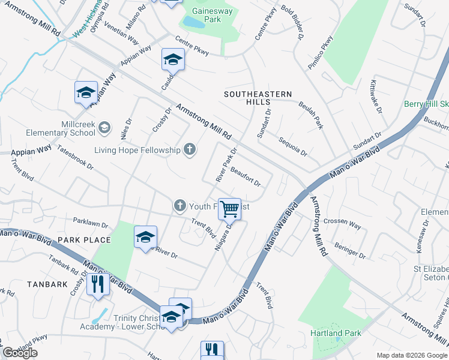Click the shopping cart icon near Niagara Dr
point(229,209)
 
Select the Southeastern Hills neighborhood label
point(258,98)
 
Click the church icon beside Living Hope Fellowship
point(190,149)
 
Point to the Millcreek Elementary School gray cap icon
point(104,127)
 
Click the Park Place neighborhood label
point(84,240)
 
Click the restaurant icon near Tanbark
point(97,284)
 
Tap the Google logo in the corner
point(20,353)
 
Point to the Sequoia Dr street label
point(293,146)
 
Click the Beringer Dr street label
point(348,251)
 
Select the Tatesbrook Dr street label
point(76,160)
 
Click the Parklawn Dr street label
point(90,223)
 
